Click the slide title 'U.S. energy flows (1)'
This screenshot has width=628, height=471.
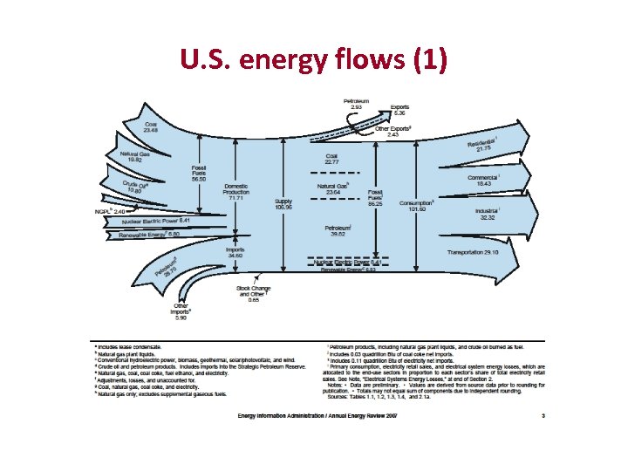click(x=313, y=60)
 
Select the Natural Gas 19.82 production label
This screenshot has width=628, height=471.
click(x=135, y=157)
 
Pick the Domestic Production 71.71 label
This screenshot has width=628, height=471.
click(x=235, y=192)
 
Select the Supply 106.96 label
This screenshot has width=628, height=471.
click(x=283, y=204)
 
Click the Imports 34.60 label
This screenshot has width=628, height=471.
click(x=235, y=252)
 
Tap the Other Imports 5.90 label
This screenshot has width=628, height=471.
click(x=181, y=311)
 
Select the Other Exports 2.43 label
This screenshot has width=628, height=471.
click(x=393, y=131)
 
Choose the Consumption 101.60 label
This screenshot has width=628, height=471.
click(x=417, y=206)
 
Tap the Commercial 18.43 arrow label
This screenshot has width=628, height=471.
click(x=484, y=181)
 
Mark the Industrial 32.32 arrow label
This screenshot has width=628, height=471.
click(x=487, y=214)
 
